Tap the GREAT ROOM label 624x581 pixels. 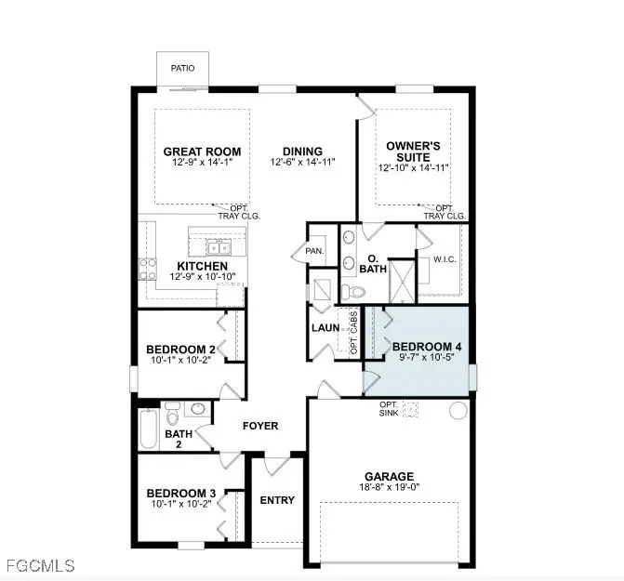tap(202, 152)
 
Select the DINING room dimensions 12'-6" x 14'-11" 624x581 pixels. tap(302, 163)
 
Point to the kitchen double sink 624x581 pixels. tap(219, 247)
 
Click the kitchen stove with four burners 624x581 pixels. tap(147, 269)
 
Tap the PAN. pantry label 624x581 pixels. tap(314, 251)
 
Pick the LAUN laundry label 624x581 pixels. tap(324, 327)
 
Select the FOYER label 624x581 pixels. tap(260, 427)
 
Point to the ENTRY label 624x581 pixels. tap(276, 500)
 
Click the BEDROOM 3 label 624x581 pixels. tap(181, 493)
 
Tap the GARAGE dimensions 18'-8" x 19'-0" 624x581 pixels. tap(390, 488)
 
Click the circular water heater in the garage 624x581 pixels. tap(458, 411)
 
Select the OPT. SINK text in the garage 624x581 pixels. tap(389, 409)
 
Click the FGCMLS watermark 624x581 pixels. tap(39, 563)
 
